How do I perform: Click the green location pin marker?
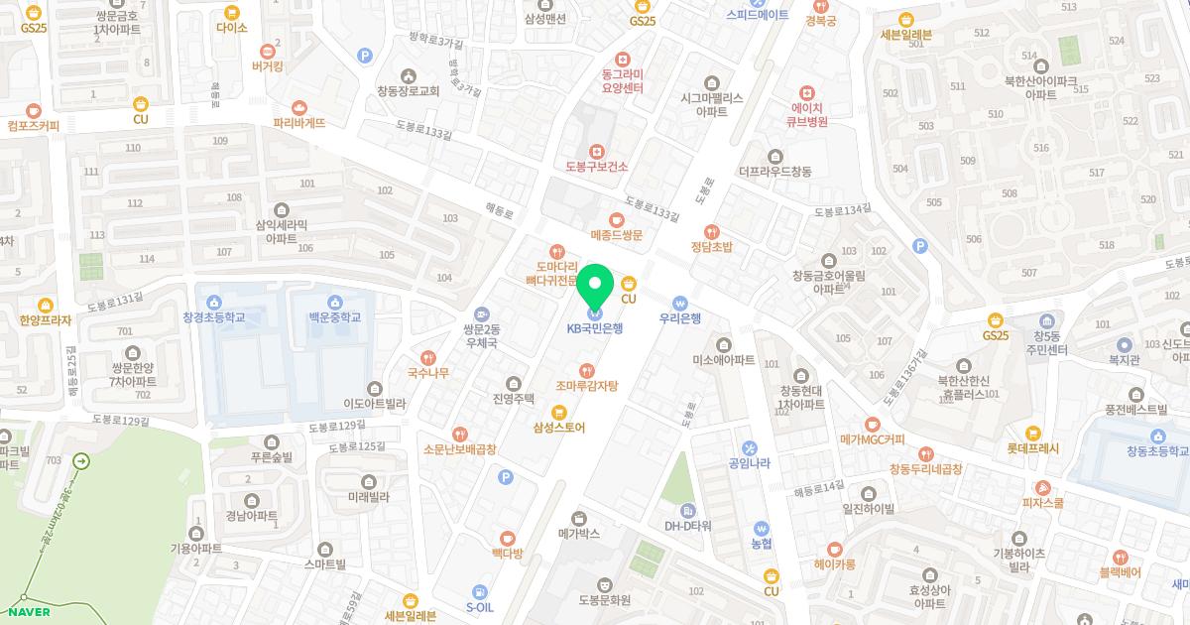(x=595, y=287)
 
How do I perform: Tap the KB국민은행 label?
(x=595, y=328)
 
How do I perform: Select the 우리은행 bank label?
(x=680, y=318)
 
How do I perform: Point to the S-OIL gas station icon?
(x=480, y=591)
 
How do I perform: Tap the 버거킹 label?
(x=268, y=67)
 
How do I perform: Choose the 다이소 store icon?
(x=232, y=13)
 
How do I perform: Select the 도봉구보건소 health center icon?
(x=597, y=151)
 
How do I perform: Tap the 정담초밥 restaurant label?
(x=712, y=247)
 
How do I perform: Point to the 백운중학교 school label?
(x=333, y=317)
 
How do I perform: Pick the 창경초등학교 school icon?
(x=213, y=301)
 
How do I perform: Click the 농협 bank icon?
(x=762, y=529)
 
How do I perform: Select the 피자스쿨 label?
(x=1042, y=503)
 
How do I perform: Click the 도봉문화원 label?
(x=605, y=600)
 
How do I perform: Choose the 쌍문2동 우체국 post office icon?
(x=481, y=313)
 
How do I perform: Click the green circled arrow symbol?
(x=82, y=461)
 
